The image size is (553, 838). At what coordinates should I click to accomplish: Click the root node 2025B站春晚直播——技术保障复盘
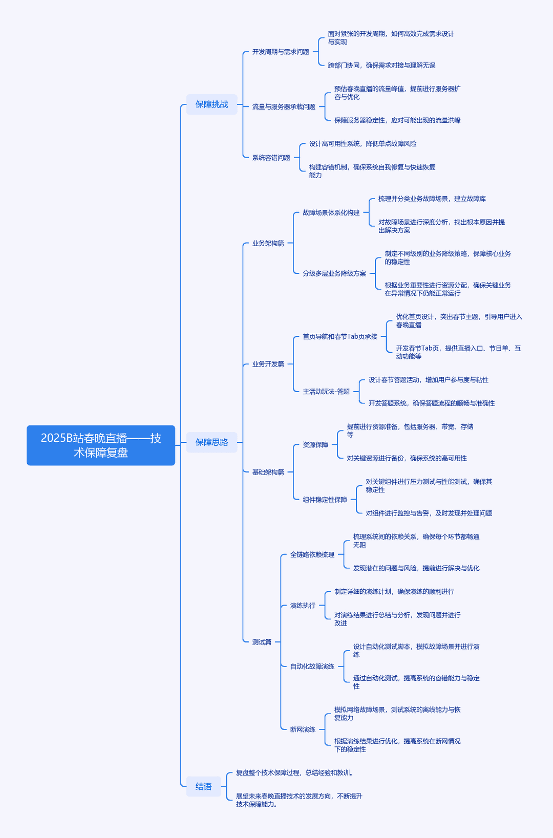(101, 445)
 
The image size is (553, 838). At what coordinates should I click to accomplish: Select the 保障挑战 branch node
(212, 104)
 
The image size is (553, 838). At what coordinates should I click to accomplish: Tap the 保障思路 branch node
(212, 442)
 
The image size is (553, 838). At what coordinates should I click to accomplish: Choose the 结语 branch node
(204, 786)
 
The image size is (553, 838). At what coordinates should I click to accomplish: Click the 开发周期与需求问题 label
(281, 52)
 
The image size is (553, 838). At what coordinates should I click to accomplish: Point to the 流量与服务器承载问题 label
(284, 106)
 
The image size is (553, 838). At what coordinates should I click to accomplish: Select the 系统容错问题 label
(271, 158)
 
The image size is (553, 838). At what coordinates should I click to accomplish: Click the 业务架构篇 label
(268, 243)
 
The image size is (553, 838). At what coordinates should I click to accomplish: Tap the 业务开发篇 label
(268, 364)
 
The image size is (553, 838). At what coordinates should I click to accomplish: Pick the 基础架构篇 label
(268, 472)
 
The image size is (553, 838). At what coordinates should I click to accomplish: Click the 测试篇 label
(262, 642)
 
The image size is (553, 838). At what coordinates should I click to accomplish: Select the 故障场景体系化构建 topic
(331, 212)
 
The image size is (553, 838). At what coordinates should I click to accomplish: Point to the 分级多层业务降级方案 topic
(334, 273)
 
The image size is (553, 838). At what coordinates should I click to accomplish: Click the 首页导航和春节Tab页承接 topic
(340, 337)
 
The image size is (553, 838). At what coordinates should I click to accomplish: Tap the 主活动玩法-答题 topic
(326, 391)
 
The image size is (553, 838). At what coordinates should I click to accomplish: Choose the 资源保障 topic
(315, 445)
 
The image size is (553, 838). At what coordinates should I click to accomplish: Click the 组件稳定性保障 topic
(325, 500)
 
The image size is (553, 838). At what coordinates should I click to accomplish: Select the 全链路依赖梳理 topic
(312, 554)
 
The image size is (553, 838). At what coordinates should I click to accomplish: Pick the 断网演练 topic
(303, 729)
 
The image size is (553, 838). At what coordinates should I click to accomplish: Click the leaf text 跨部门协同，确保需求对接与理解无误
(381, 66)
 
